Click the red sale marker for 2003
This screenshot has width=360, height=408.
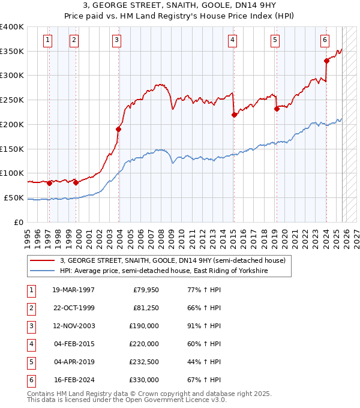pos(119,129)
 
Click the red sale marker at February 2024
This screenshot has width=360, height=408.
pos(327,61)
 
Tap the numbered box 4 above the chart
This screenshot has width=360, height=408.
pos(232,40)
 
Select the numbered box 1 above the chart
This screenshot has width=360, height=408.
pos(47,40)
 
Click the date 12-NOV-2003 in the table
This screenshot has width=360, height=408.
pos(73,326)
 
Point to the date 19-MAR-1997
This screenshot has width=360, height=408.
pos(73,290)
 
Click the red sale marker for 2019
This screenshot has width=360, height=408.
pos(277,109)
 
